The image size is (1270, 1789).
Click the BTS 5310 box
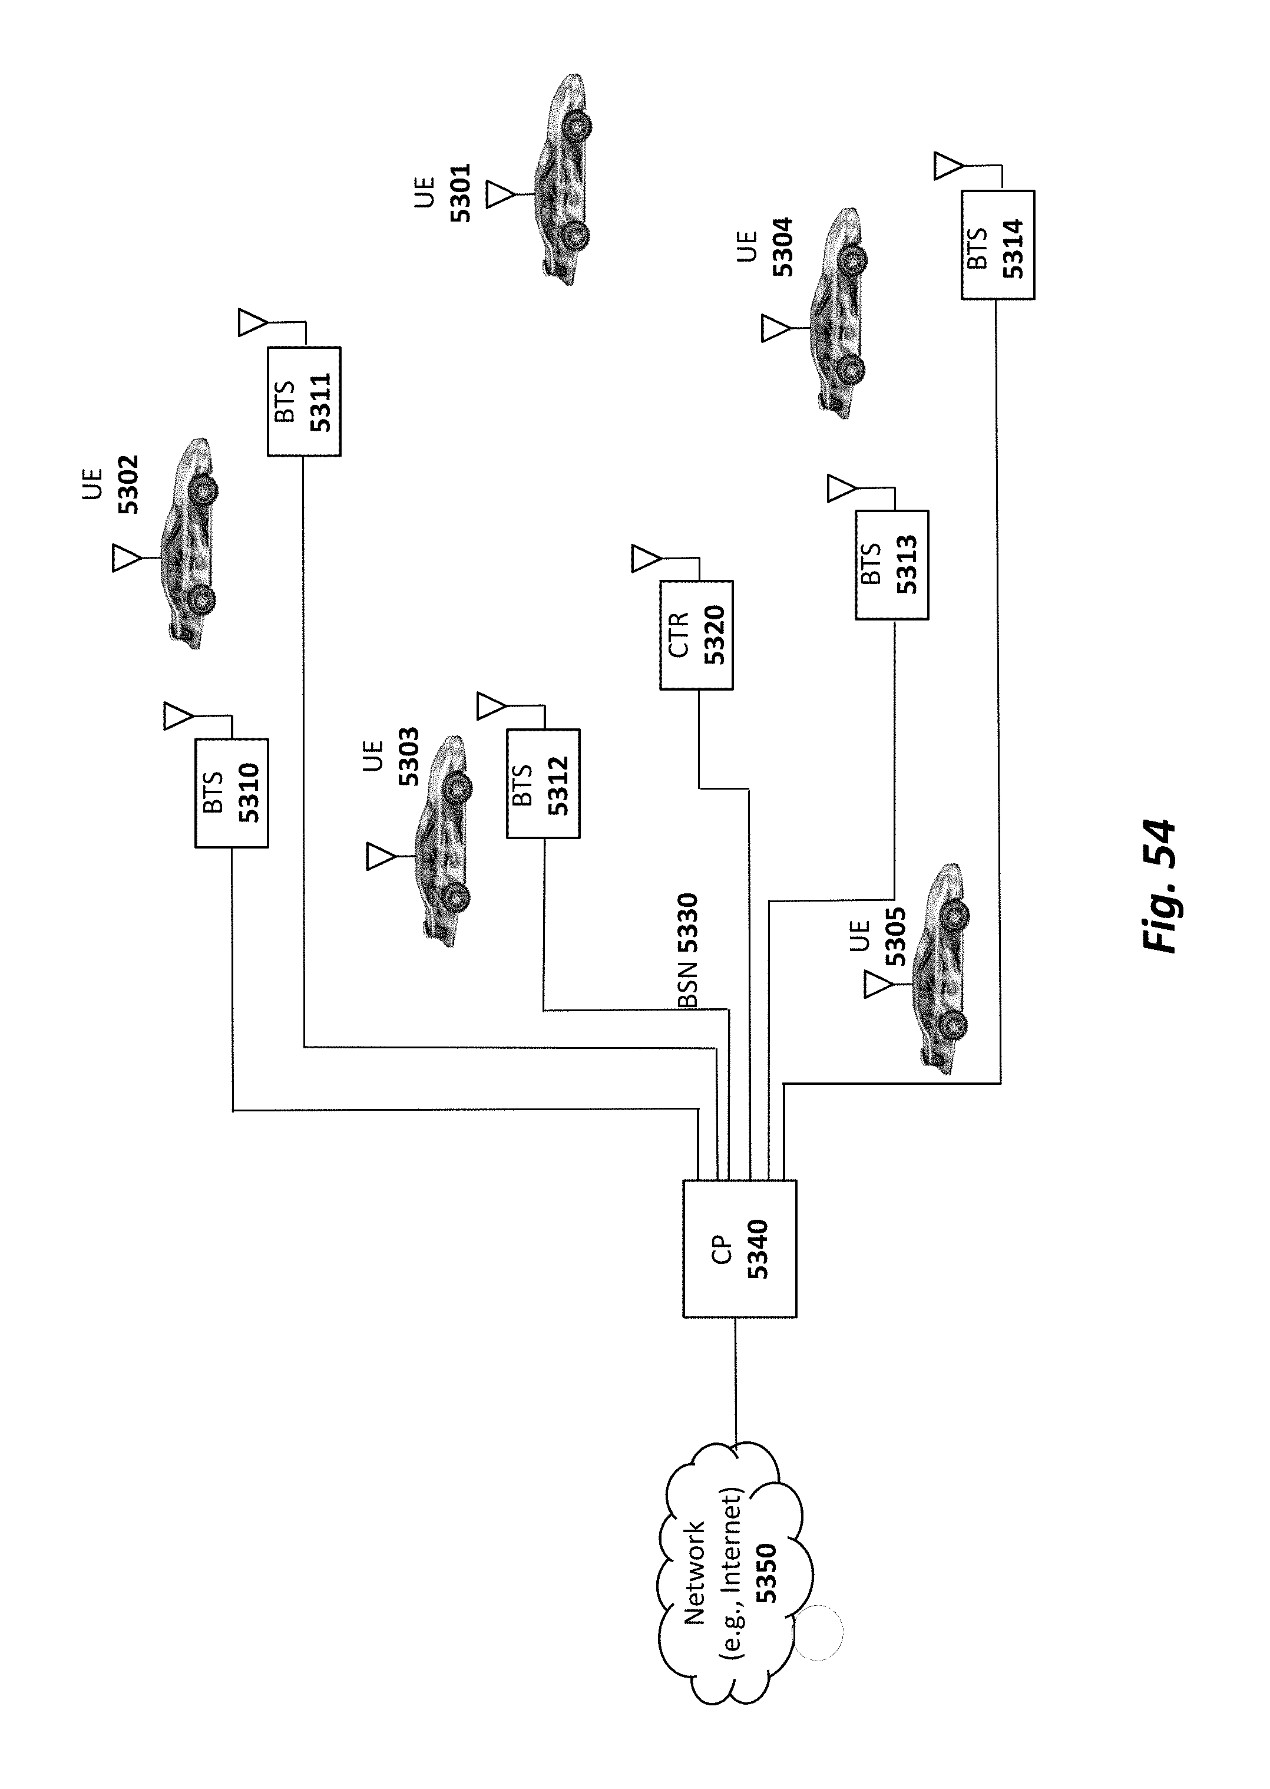(231, 793)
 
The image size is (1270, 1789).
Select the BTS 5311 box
(304, 401)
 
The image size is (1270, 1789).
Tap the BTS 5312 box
(544, 784)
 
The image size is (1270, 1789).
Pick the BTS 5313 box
(892, 565)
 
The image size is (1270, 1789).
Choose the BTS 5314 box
(998, 245)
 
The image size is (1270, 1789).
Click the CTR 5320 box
(697, 635)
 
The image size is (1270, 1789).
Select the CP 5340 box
(740, 1249)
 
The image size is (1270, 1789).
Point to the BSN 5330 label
(687, 950)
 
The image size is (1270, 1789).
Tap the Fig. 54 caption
(1158, 884)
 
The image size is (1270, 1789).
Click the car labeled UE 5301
(561, 179)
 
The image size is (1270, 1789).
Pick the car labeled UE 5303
(444, 841)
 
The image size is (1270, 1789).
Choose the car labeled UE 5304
(838, 313)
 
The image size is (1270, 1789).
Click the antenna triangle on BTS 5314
(947, 167)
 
